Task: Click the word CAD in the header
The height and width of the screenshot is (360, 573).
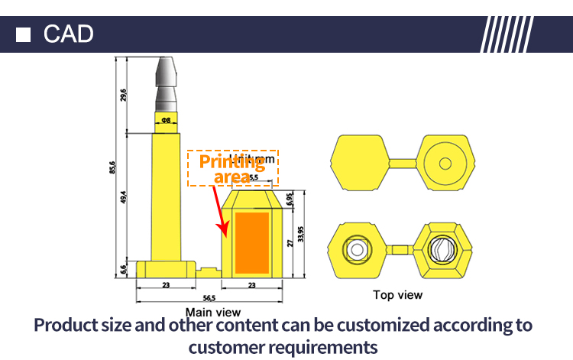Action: click(x=69, y=34)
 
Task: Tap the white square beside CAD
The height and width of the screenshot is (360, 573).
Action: click(x=24, y=34)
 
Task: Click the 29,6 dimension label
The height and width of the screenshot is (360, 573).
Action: click(x=123, y=95)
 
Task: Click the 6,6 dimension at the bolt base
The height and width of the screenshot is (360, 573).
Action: click(x=123, y=269)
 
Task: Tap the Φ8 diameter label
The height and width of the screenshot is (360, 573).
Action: click(x=166, y=121)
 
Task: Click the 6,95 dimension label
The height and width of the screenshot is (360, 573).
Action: click(x=289, y=198)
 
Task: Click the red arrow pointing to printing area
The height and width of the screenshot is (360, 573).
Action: click(x=224, y=212)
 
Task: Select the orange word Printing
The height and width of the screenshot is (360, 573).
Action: click(x=232, y=161)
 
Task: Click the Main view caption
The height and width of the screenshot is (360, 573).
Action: click(x=213, y=312)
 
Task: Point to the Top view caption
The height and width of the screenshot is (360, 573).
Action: click(x=397, y=294)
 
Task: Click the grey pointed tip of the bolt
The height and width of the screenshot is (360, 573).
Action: click(x=167, y=73)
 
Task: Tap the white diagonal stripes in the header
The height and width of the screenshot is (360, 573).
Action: click(x=507, y=34)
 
